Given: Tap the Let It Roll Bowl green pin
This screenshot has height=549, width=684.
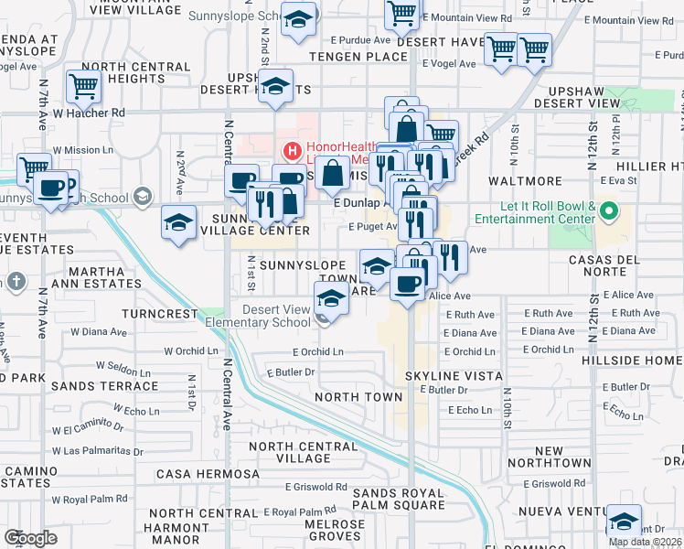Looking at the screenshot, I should click(610, 213).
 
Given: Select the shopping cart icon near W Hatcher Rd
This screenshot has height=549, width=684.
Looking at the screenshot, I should click(83, 88).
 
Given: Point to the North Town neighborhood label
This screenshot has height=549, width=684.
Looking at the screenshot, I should click(358, 397).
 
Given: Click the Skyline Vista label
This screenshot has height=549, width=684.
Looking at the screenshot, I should click(456, 376).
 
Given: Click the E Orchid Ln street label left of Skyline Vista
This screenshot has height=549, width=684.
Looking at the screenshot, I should click(317, 351).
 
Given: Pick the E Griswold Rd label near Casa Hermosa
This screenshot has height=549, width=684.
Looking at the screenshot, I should click(315, 487).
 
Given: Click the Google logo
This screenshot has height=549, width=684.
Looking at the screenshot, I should click(30, 538).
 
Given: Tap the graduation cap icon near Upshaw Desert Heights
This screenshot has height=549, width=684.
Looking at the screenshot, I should click(274, 86).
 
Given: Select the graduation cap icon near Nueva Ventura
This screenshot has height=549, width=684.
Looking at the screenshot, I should click(624, 521).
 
